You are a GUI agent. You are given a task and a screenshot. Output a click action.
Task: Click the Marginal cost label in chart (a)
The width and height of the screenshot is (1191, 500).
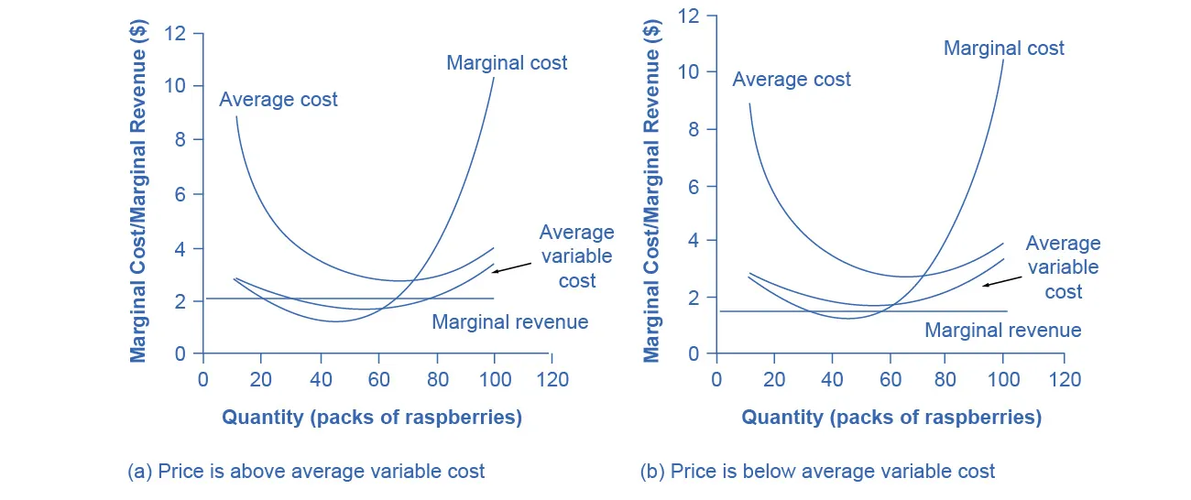(x=507, y=63)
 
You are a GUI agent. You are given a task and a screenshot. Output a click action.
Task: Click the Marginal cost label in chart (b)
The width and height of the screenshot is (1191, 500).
(x=1004, y=48)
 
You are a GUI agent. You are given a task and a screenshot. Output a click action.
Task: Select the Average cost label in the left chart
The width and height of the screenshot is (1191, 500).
(x=279, y=99)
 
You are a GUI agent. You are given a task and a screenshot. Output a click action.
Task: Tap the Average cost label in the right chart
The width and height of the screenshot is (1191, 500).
(x=792, y=80)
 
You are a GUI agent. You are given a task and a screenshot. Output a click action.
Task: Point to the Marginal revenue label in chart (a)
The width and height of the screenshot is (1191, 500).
(x=509, y=322)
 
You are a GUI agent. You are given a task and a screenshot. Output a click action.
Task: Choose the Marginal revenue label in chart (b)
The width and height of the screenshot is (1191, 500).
(x=1002, y=331)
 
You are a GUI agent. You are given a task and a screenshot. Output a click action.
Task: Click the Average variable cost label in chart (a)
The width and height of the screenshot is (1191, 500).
(x=576, y=256)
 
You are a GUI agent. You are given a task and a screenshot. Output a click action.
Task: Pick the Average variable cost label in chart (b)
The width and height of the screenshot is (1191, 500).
(x=1063, y=267)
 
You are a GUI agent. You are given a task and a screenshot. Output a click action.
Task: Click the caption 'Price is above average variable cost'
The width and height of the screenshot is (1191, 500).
(x=305, y=472)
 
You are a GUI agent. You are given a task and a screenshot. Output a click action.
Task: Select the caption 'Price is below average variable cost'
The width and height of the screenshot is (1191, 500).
(x=817, y=472)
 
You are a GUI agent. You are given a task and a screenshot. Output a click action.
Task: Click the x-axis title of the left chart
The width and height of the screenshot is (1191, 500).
(x=371, y=418)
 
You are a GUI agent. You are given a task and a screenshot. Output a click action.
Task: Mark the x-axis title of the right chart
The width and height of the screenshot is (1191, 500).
(x=891, y=418)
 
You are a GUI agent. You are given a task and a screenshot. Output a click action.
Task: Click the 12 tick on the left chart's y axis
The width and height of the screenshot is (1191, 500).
(x=174, y=33)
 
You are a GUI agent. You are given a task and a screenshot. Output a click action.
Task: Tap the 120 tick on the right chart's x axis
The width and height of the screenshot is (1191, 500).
(x=1064, y=379)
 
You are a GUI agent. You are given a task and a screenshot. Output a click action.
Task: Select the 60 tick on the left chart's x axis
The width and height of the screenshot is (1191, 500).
(x=377, y=379)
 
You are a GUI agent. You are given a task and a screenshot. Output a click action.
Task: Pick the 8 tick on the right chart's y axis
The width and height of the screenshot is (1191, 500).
(x=693, y=129)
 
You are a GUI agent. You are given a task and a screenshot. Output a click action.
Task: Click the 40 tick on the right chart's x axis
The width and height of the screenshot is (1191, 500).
(x=832, y=379)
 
